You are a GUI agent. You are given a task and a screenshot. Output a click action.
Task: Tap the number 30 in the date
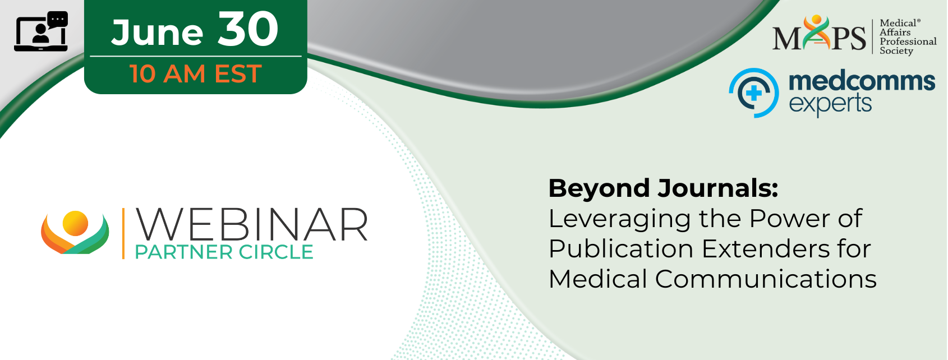click(x=248, y=29)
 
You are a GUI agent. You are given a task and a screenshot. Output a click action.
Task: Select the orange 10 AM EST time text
click(x=196, y=74)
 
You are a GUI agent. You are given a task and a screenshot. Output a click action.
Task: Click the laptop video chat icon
click(x=41, y=31)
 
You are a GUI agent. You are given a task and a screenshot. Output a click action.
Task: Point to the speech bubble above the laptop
click(x=58, y=20)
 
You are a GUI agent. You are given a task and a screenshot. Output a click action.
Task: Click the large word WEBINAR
click(x=251, y=225)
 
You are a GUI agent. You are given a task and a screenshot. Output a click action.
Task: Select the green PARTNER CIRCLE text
click(x=224, y=252)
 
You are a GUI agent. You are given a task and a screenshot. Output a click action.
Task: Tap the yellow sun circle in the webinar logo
click(x=75, y=223)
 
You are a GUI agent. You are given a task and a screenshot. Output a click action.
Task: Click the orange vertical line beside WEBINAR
click(x=123, y=233)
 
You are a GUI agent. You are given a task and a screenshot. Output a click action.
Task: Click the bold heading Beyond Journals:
click(x=663, y=188)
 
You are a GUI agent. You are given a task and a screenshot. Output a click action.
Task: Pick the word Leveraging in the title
click(x=620, y=220)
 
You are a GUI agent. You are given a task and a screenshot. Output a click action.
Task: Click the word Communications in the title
click(x=766, y=279)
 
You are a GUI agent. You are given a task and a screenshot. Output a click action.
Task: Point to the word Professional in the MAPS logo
click(x=908, y=42)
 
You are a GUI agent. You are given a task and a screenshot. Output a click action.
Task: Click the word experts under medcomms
click(x=830, y=104)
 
